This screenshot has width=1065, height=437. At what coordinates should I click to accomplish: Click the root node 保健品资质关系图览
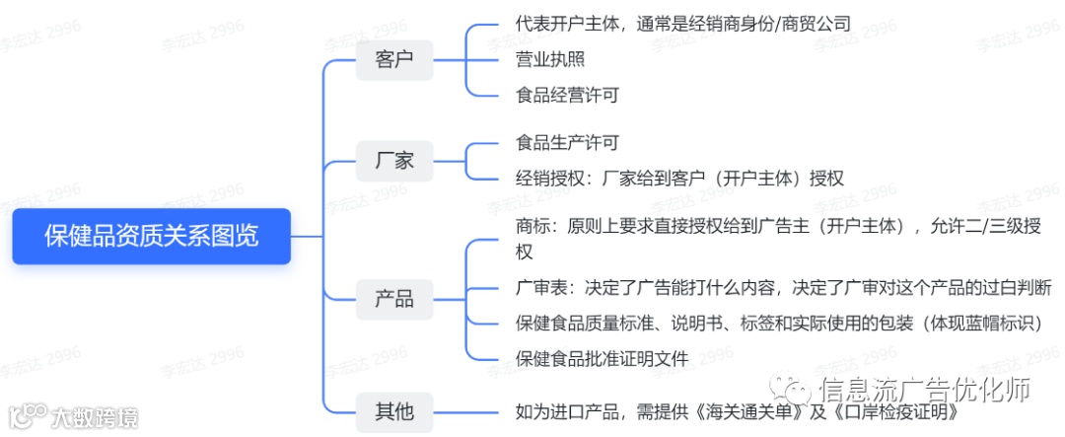[x=152, y=236]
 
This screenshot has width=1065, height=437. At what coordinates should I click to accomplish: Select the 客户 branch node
[x=394, y=60]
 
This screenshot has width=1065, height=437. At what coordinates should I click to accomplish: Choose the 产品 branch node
[x=394, y=297]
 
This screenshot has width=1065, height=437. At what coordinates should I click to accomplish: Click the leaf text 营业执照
[x=550, y=59]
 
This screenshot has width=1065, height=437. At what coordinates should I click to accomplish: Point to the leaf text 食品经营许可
[x=567, y=96]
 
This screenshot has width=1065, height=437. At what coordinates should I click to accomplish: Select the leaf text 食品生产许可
[x=567, y=143]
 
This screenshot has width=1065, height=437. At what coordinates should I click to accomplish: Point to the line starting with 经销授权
[x=679, y=179]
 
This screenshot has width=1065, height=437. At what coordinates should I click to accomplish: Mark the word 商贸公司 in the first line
[x=816, y=24]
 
